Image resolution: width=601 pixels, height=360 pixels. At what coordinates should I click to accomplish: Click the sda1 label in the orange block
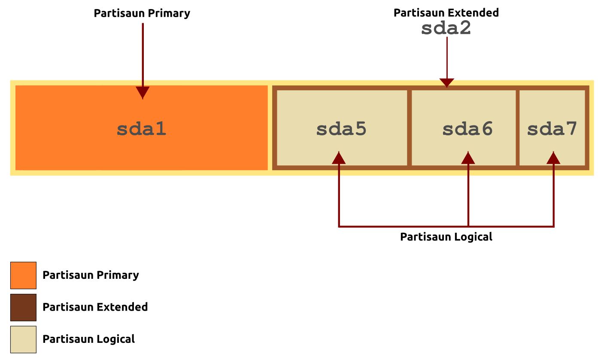141,129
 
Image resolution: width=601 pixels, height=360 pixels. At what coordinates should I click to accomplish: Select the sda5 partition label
341,129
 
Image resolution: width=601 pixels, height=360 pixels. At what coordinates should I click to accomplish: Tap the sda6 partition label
467,129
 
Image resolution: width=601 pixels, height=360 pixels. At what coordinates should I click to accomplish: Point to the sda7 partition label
552,129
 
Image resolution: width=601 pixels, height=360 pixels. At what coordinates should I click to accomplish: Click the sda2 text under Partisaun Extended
446,28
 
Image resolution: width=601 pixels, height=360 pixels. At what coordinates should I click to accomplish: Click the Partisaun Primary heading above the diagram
142,13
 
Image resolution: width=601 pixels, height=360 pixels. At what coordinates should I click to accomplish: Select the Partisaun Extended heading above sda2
446,12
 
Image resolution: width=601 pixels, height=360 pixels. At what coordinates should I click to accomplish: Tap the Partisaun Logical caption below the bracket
446,237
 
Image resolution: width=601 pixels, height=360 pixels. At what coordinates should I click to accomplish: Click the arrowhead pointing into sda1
143,93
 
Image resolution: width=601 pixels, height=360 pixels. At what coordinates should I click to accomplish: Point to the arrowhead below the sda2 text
447,82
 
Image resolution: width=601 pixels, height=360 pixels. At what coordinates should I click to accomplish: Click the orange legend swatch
23,275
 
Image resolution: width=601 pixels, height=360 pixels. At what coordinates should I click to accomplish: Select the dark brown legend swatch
23,308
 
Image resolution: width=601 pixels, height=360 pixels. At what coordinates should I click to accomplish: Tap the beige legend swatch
23,339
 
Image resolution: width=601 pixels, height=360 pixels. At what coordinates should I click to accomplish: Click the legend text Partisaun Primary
91,275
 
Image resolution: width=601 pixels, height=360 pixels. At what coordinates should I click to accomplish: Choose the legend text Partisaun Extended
95,307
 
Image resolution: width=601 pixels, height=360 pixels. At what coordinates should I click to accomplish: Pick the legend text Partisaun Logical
89,339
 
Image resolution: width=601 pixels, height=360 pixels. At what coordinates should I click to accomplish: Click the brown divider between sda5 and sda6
410,128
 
